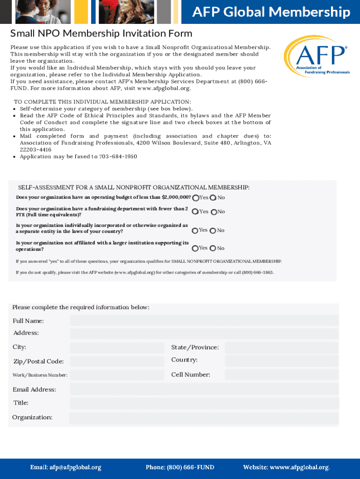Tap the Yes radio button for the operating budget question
[195, 198]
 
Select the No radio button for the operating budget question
[213, 198]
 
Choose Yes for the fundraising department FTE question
[195, 212]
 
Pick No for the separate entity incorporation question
[213, 231]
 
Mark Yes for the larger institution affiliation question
[195, 248]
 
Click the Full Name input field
[204, 320]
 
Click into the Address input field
[204, 334]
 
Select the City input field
[117, 348]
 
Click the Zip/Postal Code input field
[117, 362]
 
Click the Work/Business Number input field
[117, 375]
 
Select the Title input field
[204, 404]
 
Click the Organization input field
[204, 418]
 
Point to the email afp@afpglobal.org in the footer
[66, 467]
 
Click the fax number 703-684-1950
[118, 157]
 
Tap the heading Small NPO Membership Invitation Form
[101, 34]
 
